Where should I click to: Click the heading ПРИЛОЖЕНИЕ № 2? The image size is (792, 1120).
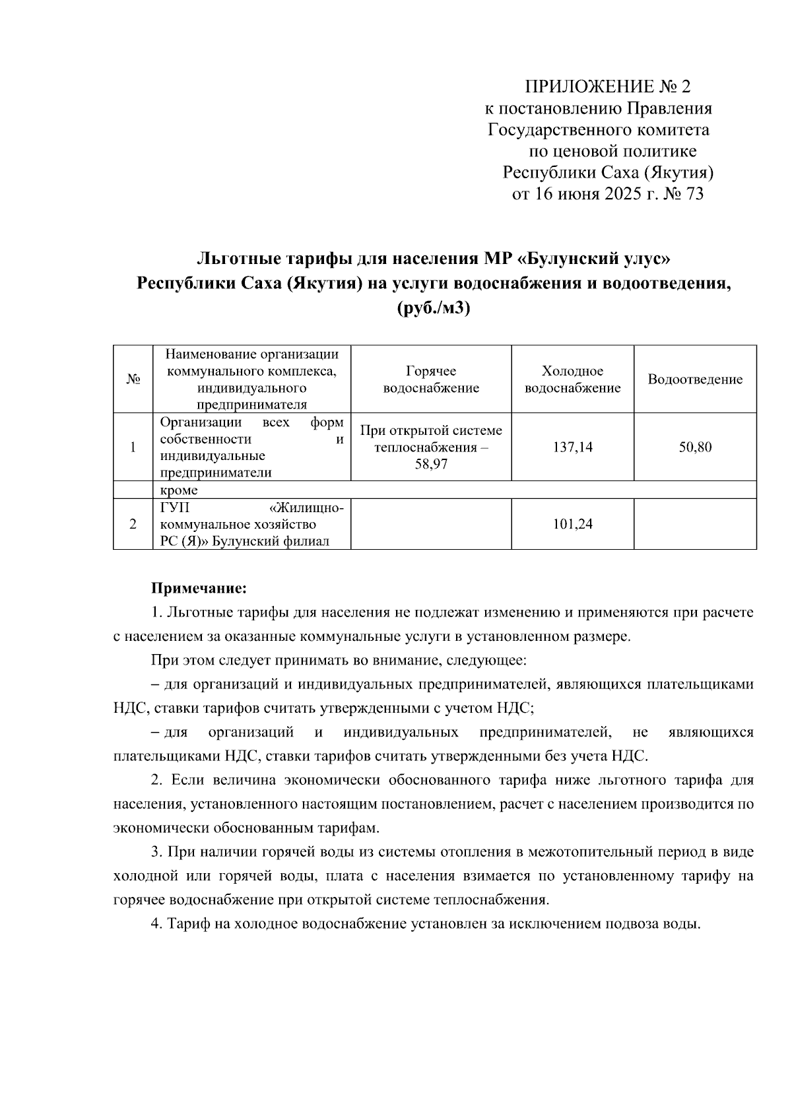coord(607,86)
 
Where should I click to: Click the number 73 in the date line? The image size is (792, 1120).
coord(695,194)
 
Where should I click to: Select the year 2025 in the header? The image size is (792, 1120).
coord(622,194)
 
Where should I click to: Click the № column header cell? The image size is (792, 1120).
coord(133,379)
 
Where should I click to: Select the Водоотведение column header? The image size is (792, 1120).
coord(694,379)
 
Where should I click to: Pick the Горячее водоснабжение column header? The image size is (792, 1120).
coord(431,379)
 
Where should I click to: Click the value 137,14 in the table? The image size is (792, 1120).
coord(572,447)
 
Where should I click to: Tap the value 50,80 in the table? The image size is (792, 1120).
coord(695,447)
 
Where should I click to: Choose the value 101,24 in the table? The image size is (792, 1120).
coord(572,524)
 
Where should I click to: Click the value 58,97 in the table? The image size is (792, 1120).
coord(431,465)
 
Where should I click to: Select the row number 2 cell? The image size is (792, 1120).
coord(133,524)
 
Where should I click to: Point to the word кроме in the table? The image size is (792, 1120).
coord(179,490)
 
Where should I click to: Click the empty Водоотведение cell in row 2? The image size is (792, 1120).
coord(694,524)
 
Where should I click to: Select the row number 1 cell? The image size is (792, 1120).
coord(133,447)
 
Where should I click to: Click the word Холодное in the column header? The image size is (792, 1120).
coord(572,371)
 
